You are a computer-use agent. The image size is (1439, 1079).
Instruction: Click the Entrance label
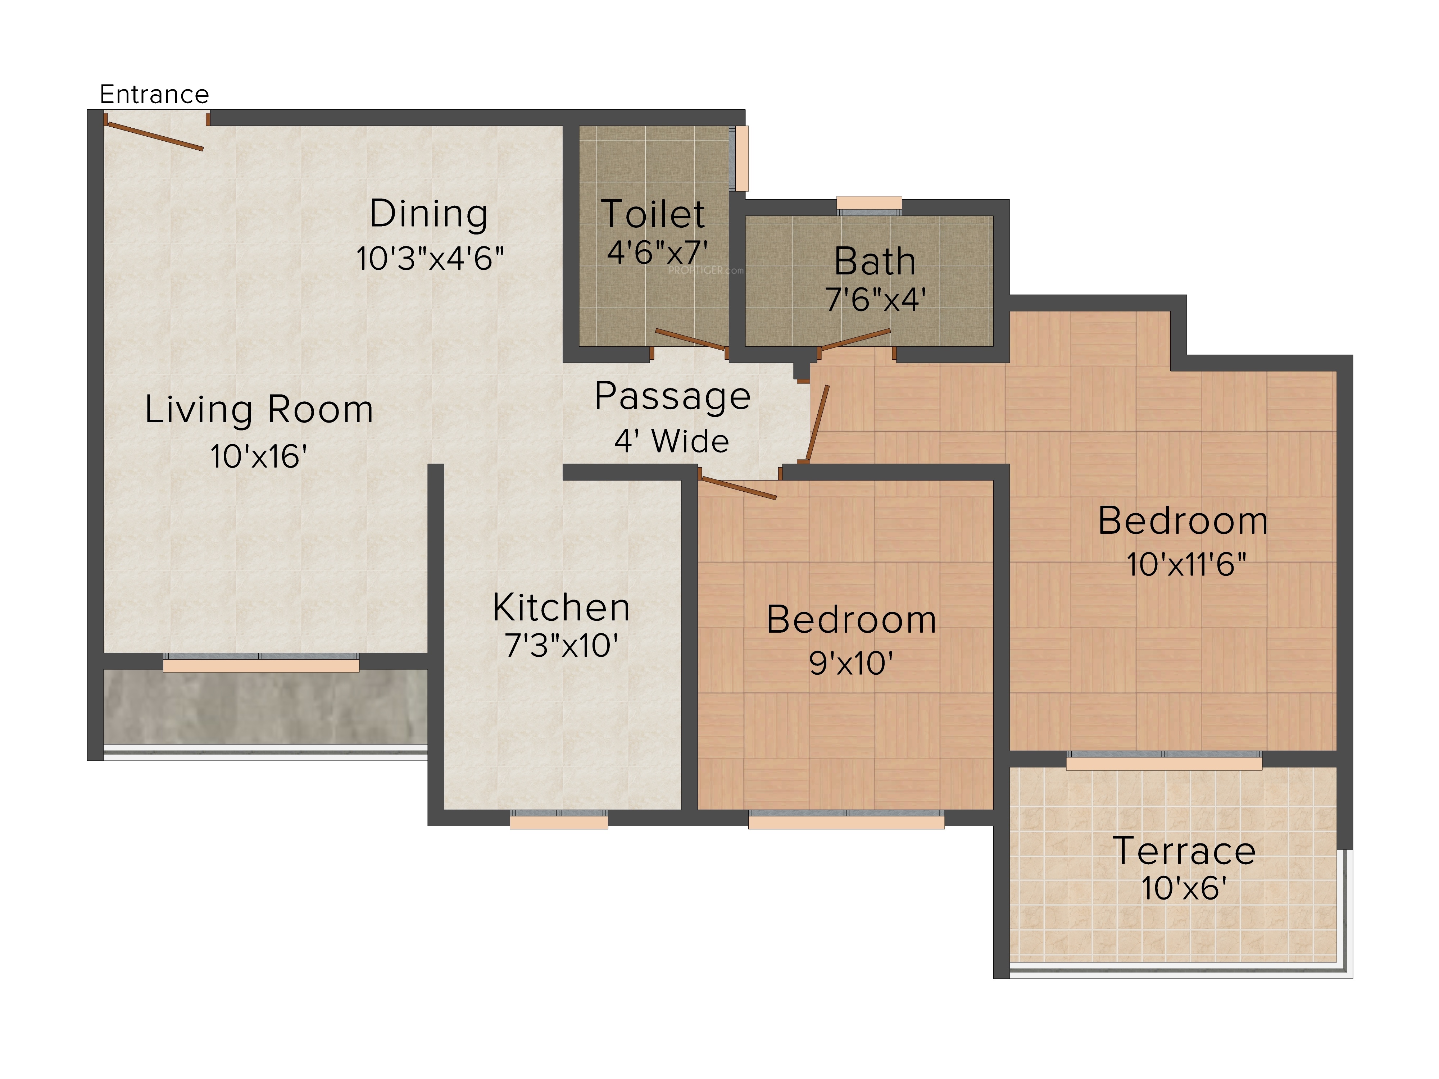tap(154, 95)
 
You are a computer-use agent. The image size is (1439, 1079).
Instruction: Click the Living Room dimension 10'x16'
tap(258, 456)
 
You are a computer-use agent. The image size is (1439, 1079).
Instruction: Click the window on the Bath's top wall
tap(869, 205)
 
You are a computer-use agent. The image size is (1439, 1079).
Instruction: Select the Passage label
tap(673, 397)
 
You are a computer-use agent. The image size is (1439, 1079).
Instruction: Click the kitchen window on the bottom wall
tap(559, 819)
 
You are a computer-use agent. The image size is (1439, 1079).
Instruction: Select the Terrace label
tap(1184, 851)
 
